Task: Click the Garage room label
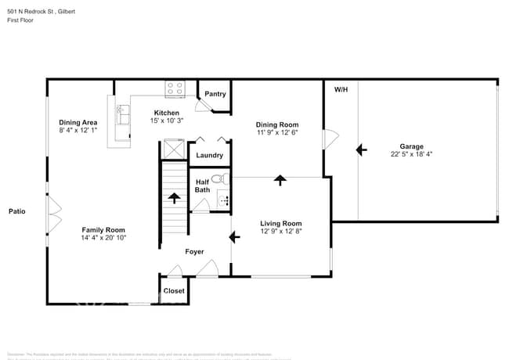pos(412,146)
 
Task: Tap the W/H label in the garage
pos(341,90)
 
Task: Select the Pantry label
pos(215,94)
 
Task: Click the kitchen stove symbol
pos(175,88)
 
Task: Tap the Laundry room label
pos(210,155)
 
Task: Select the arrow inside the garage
pos(361,148)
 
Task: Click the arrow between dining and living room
pos(280,180)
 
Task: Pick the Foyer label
pos(194,252)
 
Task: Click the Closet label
pos(174,290)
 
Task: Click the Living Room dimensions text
pos(281,232)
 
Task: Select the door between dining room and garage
pos(330,140)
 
